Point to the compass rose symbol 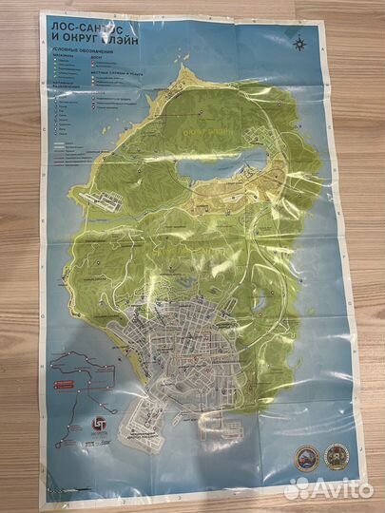(x=300, y=41)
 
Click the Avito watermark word (x=344, y=490)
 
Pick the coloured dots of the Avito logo (x=298, y=488)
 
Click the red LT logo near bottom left (x=84, y=425)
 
